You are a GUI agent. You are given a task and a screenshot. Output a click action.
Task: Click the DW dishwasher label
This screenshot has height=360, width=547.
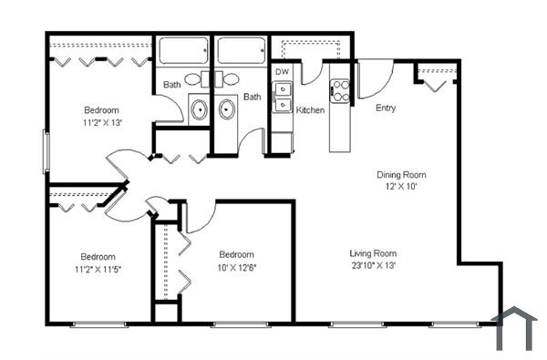point(282,70)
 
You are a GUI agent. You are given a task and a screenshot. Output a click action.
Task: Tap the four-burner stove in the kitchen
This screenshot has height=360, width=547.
point(340,90)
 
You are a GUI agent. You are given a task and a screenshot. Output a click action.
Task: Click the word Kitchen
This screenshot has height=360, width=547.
point(310,109)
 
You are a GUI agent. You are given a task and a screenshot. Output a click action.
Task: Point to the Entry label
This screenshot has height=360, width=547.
point(386,108)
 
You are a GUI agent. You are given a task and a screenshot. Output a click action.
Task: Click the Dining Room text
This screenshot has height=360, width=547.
point(401,174)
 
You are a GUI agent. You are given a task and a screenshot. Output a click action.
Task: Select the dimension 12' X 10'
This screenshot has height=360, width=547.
point(401,186)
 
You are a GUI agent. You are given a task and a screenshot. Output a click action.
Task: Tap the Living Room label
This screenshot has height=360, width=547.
point(373,253)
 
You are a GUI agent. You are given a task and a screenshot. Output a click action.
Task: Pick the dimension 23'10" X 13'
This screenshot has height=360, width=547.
point(373,265)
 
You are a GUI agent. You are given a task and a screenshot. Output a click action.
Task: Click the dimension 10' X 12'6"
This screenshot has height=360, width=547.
point(236,266)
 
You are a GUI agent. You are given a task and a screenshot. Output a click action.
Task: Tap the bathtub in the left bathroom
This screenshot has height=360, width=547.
point(181,50)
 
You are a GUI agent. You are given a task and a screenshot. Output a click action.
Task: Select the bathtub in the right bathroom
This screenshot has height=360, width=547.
point(241,50)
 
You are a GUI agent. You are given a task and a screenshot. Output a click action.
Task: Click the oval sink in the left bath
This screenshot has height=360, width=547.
point(200,109)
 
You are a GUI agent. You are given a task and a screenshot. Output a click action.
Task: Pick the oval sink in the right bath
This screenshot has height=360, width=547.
point(226,109)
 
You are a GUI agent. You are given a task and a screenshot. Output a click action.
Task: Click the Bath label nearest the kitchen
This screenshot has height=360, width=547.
point(253,97)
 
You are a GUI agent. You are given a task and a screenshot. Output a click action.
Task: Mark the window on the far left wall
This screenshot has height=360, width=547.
point(46,150)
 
